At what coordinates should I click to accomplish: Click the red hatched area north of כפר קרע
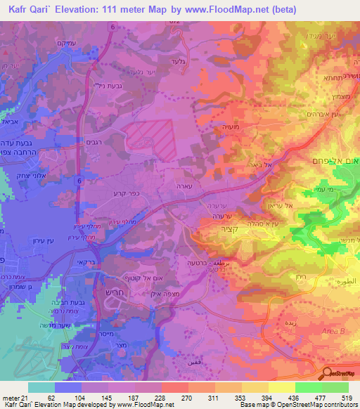click(148, 136)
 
